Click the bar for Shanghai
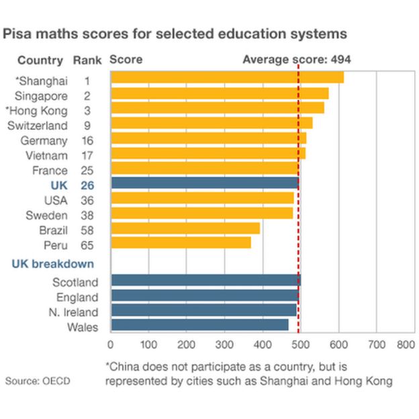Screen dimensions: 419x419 point(227,78)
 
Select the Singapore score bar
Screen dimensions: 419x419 point(220,93)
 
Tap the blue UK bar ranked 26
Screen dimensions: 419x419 point(205,183)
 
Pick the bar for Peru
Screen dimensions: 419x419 point(181,242)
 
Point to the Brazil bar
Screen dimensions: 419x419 point(185,228)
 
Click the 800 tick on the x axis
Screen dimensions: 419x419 point(406,344)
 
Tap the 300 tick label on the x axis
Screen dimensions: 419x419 point(224,344)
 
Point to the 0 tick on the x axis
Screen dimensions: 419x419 point(111,344)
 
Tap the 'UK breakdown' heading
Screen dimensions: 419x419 point(53,264)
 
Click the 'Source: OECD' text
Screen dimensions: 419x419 point(38,381)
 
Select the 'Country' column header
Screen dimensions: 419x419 point(40,60)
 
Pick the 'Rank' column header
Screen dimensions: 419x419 point(87,60)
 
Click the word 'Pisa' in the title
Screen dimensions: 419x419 point(19,32)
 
